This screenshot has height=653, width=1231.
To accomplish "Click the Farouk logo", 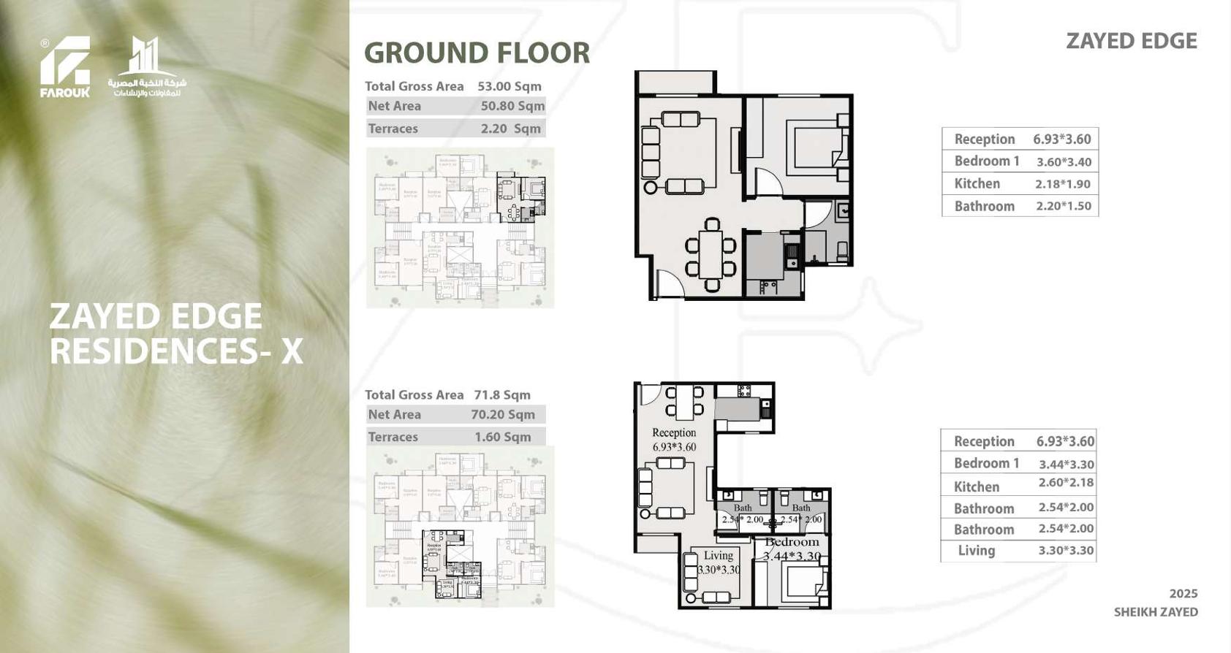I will click(x=64, y=66).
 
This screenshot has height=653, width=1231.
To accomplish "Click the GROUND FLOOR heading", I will click(x=477, y=53).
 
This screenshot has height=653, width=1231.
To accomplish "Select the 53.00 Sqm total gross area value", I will click(x=510, y=86).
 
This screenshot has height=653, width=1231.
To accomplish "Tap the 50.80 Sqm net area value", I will click(x=512, y=106).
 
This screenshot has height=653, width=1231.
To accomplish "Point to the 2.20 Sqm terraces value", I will click(x=510, y=129).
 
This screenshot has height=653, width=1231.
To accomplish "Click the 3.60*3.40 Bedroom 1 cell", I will click(x=1063, y=162).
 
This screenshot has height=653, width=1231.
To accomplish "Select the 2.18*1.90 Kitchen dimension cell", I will click(x=1062, y=184).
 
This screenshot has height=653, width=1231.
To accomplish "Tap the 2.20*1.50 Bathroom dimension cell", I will click(x=1063, y=206).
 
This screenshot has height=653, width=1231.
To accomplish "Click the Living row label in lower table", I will click(x=976, y=551).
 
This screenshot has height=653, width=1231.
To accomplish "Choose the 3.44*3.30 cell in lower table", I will click(x=1066, y=464).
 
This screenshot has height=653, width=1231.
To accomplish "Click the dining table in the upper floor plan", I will click(x=711, y=255).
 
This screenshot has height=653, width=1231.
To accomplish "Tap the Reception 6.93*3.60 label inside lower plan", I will click(x=674, y=440).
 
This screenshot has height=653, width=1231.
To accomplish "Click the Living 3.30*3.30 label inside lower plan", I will click(x=718, y=562).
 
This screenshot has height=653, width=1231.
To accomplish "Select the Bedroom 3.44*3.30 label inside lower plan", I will click(x=792, y=549).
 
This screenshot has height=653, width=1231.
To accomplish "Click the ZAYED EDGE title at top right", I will click(x=1131, y=41).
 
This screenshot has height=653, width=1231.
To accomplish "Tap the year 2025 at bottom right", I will click(x=1183, y=594).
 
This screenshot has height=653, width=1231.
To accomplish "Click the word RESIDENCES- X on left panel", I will click(x=175, y=351).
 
